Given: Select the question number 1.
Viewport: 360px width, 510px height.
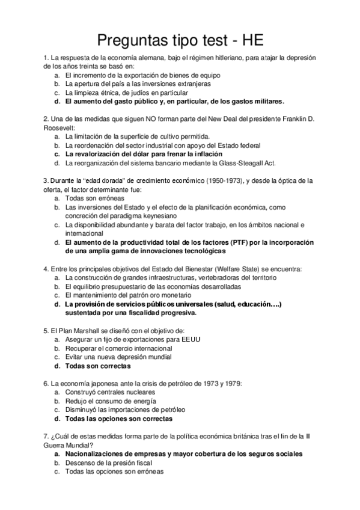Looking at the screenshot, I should (x=46, y=58).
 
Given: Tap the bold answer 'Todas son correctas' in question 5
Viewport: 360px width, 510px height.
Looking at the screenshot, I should (x=97, y=365).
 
